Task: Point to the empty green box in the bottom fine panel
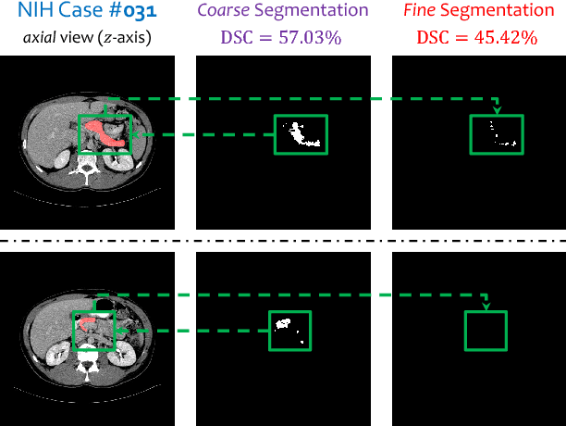486,330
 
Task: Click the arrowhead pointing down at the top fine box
497,109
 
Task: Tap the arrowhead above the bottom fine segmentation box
486,306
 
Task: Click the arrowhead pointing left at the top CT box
140,135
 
